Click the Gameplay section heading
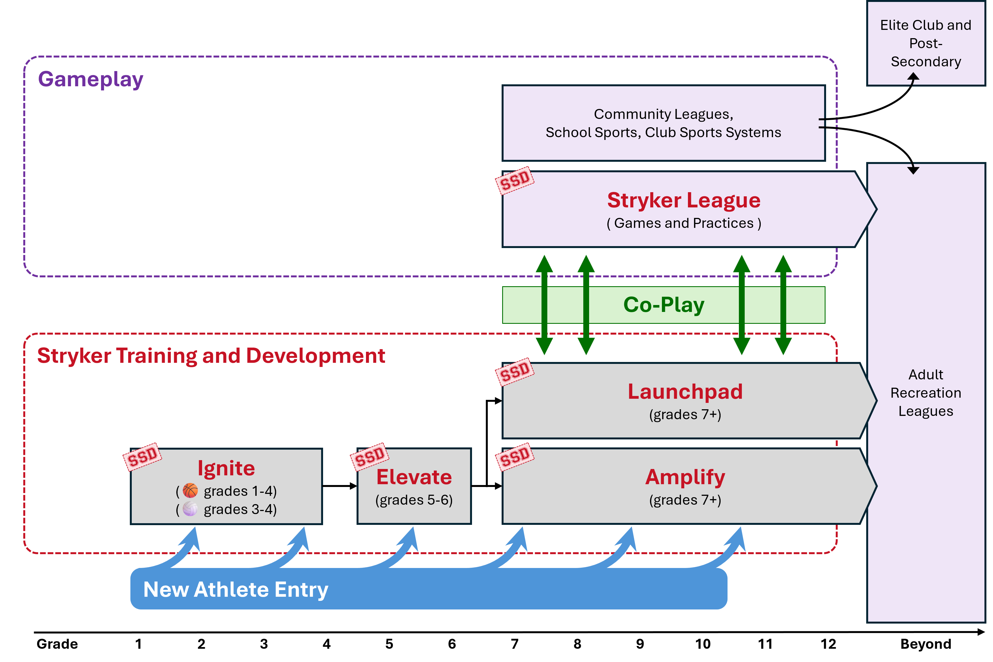tap(91, 79)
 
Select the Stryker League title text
tap(684, 200)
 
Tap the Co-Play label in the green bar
tap(663, 305)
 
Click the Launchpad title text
tap(685, 391)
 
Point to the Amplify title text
tap(685, 477)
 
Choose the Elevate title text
tap(414, 477)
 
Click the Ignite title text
tap(226, 468)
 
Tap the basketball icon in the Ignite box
tap(190, 491)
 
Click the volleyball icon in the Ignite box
tap(190, 509)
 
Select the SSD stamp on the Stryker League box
tap(515, 181)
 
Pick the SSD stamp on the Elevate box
tap(370, 456)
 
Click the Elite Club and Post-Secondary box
tap(925, 43)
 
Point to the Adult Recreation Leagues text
tap(925, 393)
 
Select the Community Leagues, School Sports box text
tap(663, 123)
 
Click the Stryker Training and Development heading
tap(211, 356)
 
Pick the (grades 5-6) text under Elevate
tap(414, 500)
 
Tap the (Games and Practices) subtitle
tap(684, 223)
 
